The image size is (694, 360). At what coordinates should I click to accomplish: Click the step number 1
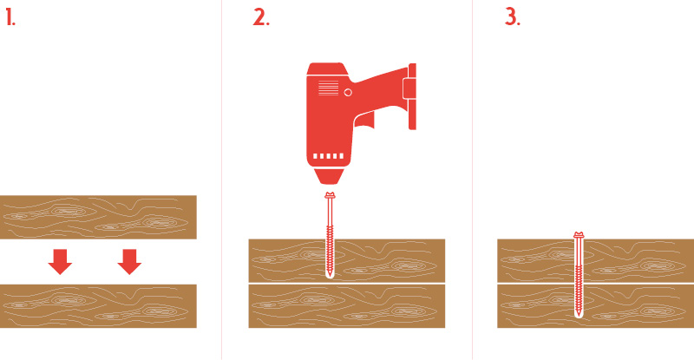10,17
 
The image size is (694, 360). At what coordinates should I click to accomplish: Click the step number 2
261,17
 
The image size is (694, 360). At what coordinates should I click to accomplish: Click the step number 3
513,17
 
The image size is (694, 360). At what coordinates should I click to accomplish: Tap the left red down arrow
60,262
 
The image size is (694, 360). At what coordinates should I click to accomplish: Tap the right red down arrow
129,262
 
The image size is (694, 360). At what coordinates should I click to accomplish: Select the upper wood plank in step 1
98,217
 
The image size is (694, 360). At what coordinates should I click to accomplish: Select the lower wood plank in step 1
98,306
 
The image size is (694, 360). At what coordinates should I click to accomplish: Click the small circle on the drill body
348,92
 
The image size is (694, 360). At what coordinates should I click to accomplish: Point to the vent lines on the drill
329,88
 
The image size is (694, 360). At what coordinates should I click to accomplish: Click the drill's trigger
365,121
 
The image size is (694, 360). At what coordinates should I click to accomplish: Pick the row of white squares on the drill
329,156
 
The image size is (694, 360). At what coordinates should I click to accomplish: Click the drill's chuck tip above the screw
330,177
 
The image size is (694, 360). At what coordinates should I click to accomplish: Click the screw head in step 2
330,195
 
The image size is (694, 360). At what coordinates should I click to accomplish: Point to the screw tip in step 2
330,276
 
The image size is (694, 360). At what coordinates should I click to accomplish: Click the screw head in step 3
579,235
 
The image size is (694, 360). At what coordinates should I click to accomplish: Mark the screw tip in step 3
578,315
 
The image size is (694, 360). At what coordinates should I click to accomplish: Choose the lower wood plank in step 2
346,306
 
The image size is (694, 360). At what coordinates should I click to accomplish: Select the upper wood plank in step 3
595,260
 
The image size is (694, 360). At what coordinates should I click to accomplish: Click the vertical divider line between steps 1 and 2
221,180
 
